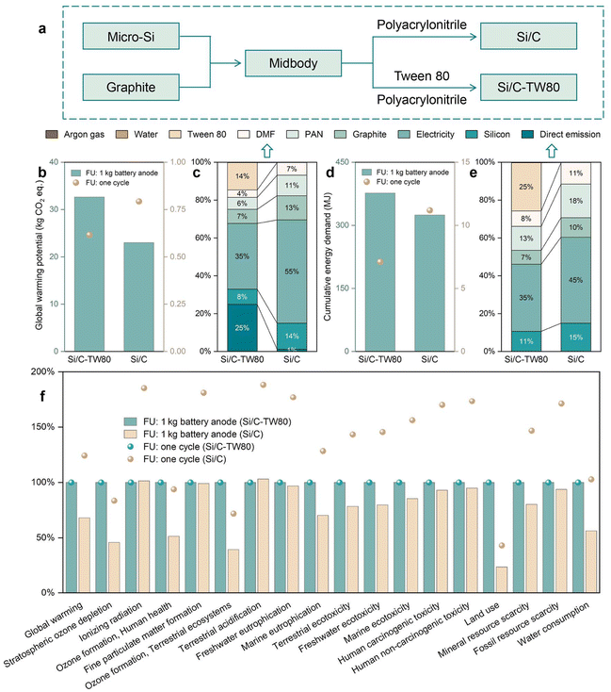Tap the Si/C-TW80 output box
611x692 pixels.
tap(530, 91)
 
